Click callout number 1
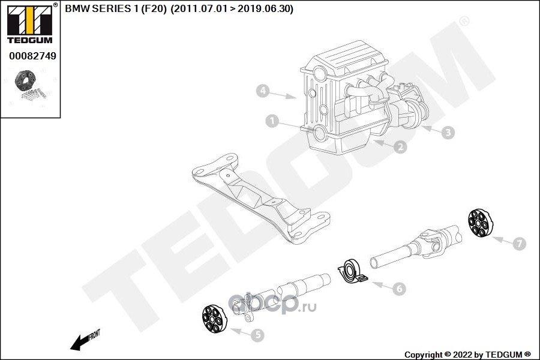tap(272, 122)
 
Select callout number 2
tap(400, 146)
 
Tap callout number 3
tap(447, 133)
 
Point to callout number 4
tap(262, 91)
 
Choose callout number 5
tap(257, 335)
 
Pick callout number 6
tap(399, 289)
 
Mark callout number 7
tap(519, 243)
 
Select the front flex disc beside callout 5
tap(212, 319)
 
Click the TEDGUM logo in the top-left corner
tap(29, 24)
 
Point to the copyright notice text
tap(468, 354)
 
